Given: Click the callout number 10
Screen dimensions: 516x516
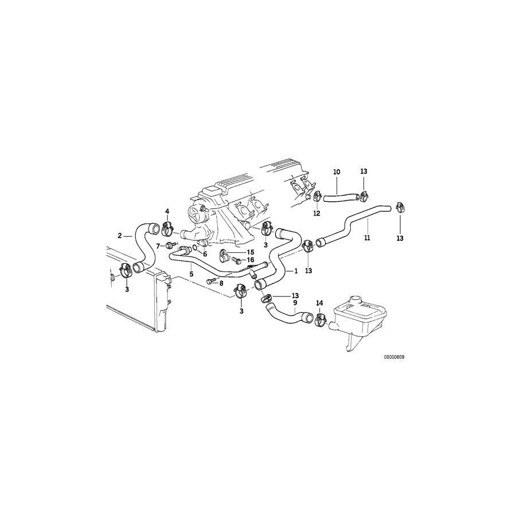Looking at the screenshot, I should (337, 171).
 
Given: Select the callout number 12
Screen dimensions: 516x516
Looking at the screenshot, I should (316, 213).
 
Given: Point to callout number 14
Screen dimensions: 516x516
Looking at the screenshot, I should (319, 302).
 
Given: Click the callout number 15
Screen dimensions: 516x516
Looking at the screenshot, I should (250, 252).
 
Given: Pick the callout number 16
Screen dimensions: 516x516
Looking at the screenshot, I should (250, 260).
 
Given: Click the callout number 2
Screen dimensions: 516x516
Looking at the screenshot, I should (120, 235).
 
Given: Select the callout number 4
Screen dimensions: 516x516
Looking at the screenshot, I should (167, 211).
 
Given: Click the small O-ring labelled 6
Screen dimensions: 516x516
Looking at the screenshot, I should (195, 248).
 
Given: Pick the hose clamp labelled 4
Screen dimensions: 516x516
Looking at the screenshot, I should (167, 226).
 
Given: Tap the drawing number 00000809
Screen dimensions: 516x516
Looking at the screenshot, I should (394, 356).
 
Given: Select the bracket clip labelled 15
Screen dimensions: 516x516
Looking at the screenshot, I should (225, 255).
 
